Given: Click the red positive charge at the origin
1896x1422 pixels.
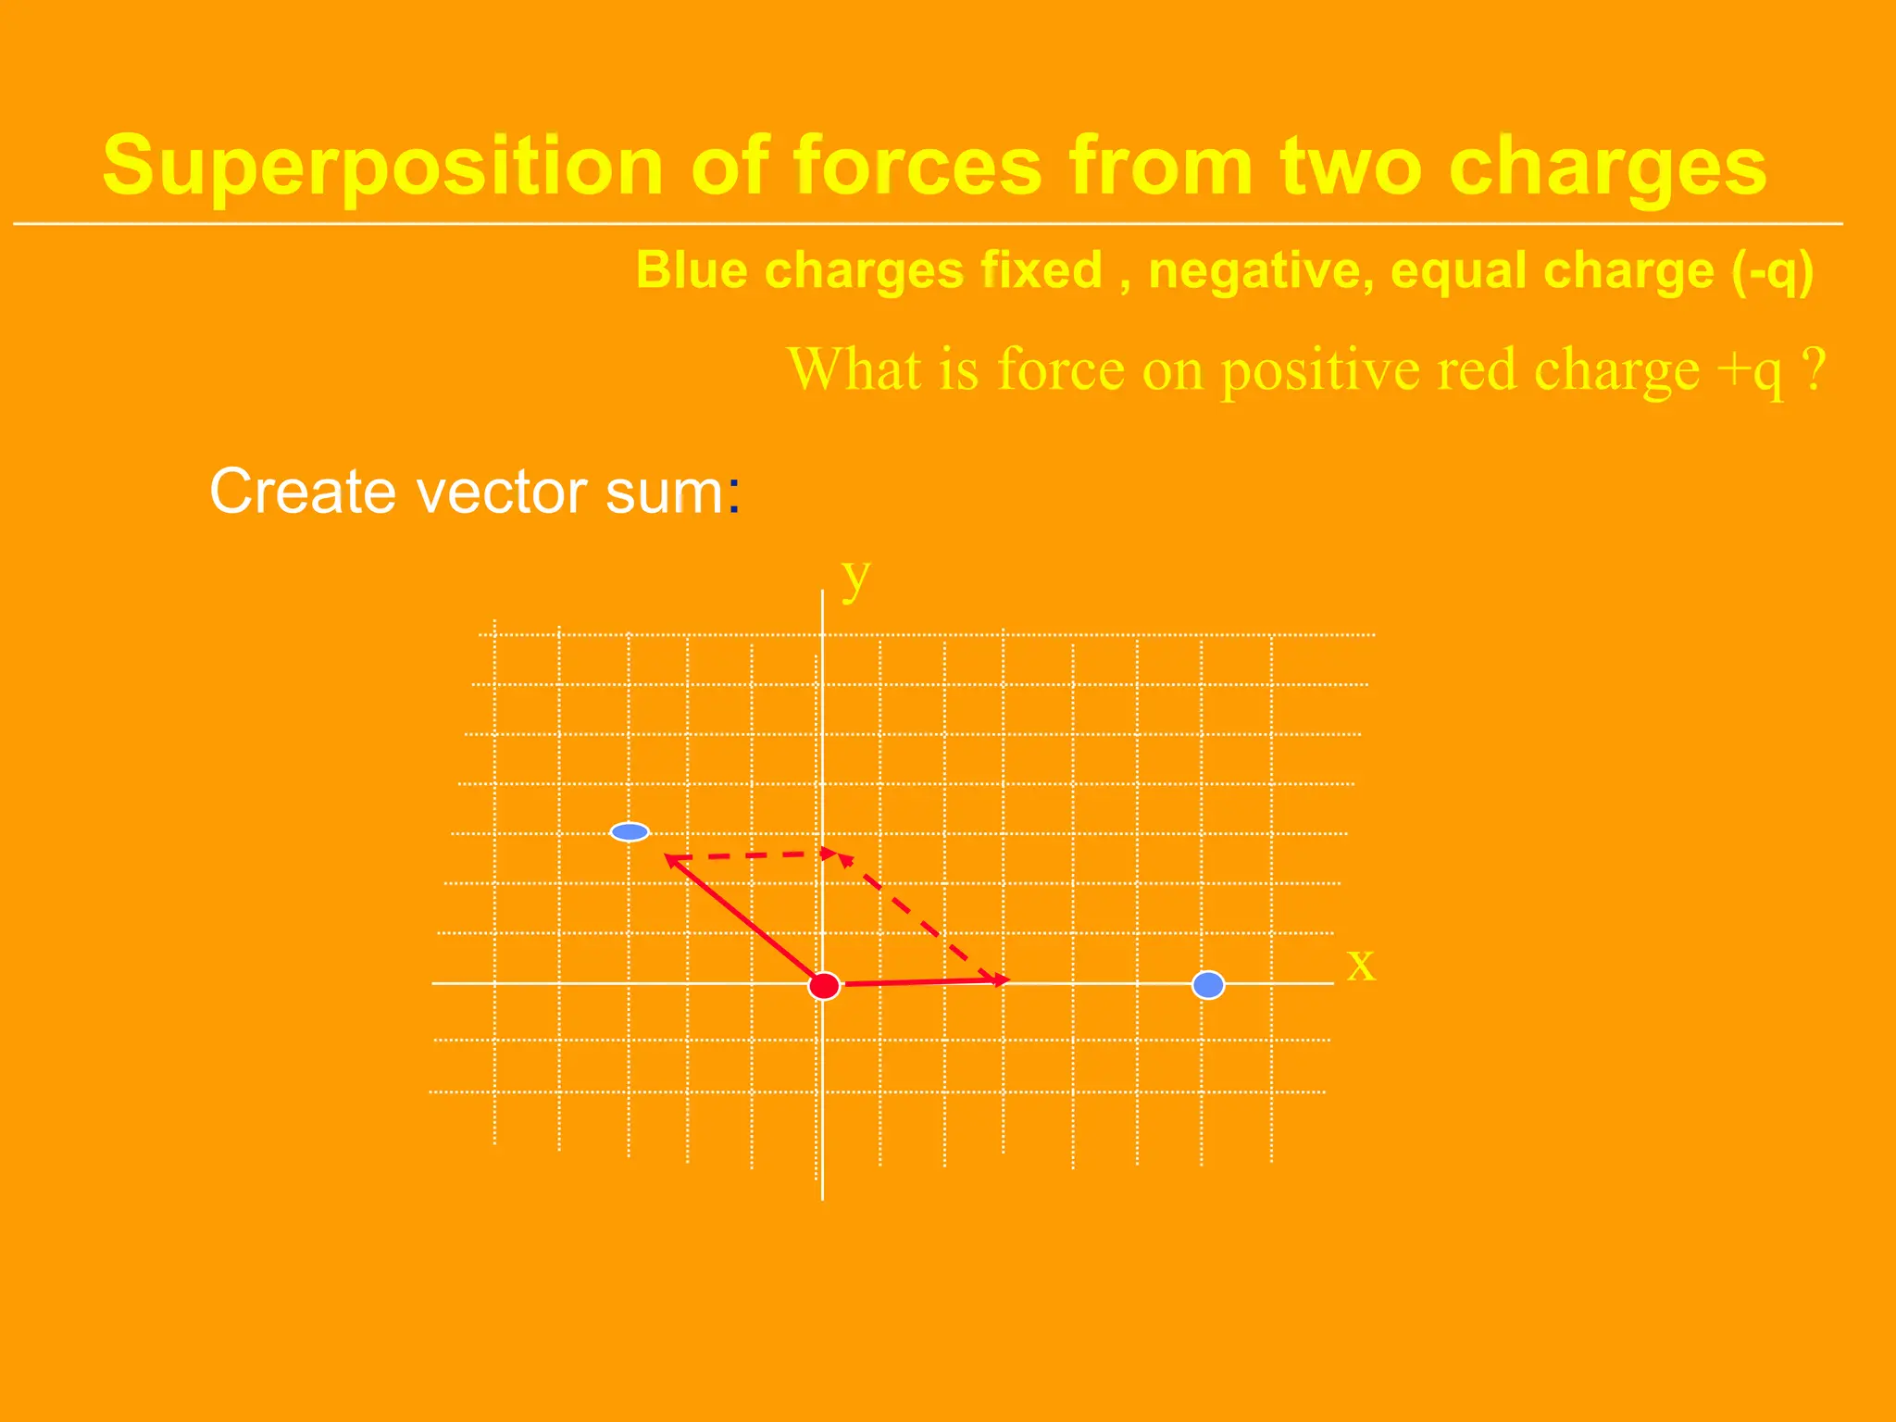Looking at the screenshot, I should pyautogui.click(x=824, y=986).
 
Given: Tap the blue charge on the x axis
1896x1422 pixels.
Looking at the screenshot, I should pyautogui.click(x=1208, y=985).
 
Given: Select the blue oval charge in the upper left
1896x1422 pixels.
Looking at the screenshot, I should pyautogui.click(x=630, y=832).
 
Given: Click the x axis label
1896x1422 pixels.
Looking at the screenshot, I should pyautogui.click(x=1360, y=965).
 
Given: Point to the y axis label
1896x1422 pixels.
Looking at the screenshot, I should pyautogui.click(x=855, y=579).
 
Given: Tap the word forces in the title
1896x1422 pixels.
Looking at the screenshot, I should pyautogui.click(x=917, y=167).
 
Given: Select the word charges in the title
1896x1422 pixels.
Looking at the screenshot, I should pyautogui.click(x=1607, y=167).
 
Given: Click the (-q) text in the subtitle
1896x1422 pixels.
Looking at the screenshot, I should pyautogui.click(x=1772, y=271).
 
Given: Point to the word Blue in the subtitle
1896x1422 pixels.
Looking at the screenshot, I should pyautogui.click(x=692, y=271).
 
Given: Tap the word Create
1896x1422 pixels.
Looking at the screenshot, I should pyautogui.click(x=306, y=491).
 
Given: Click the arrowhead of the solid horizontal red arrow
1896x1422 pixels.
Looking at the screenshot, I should pyautogui.click(x=1002, y=979).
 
